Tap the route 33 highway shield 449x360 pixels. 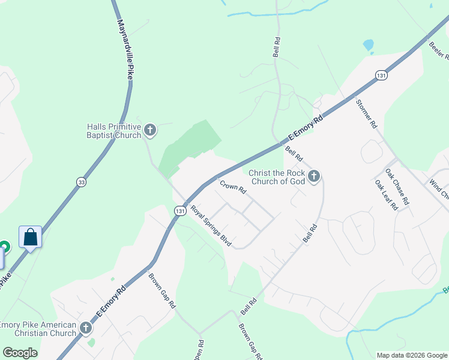(81, 181)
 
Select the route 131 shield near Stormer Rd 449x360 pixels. (381, 76)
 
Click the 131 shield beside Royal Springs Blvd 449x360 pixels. (179, 211)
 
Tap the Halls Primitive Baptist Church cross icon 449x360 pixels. (150, 130)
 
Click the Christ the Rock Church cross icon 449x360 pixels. (314, 176)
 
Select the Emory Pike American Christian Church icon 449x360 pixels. (86, 328)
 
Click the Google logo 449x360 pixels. (20, 353)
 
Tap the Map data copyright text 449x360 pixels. (411, 355)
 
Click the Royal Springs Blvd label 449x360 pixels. (211, 226)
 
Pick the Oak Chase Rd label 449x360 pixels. (397, 187)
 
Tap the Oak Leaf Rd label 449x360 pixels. (387, 195)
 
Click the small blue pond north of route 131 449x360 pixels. (368, 45)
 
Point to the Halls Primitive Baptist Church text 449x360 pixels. (113, 131)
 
